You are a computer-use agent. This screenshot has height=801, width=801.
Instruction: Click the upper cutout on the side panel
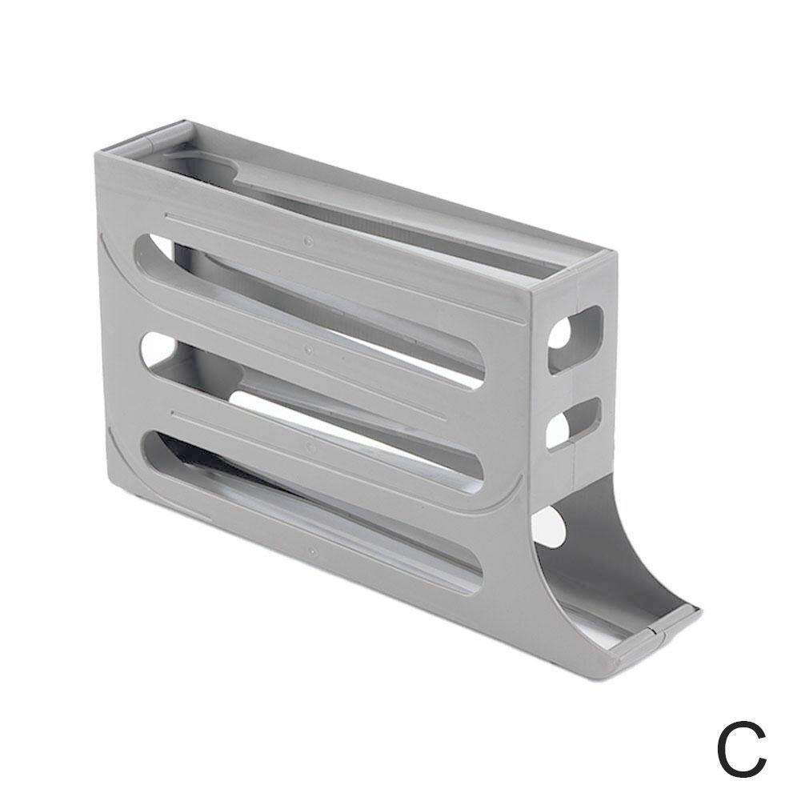click(x=575, y=340)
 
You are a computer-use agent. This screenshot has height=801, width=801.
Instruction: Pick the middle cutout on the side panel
click(x=573, y=424)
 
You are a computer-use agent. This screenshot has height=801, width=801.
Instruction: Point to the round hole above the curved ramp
click(x=549, y=527)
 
